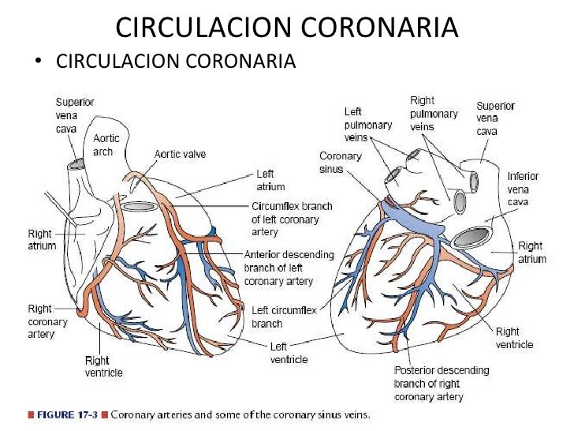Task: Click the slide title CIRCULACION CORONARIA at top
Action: tap(286, 28)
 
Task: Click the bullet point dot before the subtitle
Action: tap(37, 61)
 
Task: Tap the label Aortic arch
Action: tap(106, 144)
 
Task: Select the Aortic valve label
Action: tap(180, 154)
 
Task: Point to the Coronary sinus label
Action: tap(341, 163)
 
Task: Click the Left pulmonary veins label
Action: tap(367, 125)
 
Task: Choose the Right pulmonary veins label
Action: tap(433, 113)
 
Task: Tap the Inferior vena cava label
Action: tap(522, 189)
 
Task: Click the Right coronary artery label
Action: tap(47, 321)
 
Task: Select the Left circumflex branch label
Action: tap(284, 317)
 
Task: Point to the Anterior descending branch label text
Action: tap(289, 268)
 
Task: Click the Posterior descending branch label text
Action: tap(441, 383)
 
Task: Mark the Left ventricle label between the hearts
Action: tap(289, 353)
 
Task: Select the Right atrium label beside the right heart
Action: tap(532, 253)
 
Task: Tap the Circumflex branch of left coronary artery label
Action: tap(292, 219)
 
